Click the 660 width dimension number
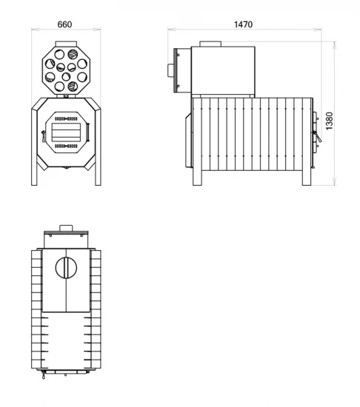pyautogui.click(x=64, y=24)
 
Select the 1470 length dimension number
pyautogui.click(x=243, y=24)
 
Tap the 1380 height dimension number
pyautogui.click(x=329, y=121)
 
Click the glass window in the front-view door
pyautogui.click(x=66, y=132)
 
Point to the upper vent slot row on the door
pyautogui.click(x=66, y=119)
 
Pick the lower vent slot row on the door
pyautogui.click(x=66, y=146)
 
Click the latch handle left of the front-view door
pyautogui.click(x=44, y=136)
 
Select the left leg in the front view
pyautogui.click(x=34, y=147)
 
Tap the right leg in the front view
pyautogui.click(x=98, y=147)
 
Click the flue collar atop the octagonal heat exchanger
pyautogui.click(x=66, y=44)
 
